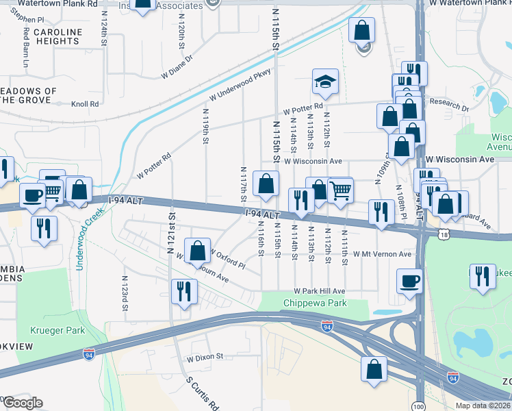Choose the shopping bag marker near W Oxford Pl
197,251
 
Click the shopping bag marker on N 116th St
266,184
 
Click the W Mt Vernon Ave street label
382,254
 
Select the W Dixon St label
205,357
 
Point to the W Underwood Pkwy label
240,85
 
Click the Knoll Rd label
86,104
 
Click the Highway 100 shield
419,406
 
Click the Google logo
22,402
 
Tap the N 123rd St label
125,293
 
